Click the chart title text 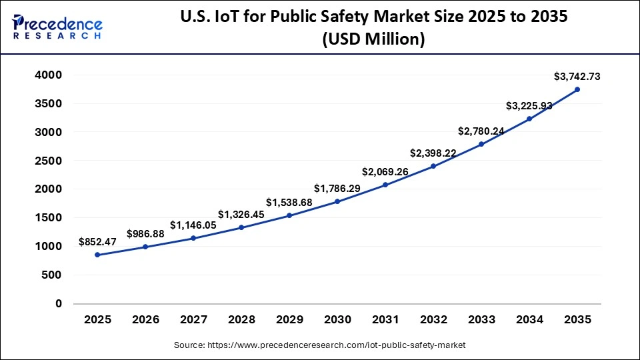[373, 28]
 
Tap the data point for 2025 [97, 255]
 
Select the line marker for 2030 [337, 201]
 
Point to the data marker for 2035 [577, 89]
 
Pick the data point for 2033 [481, 144]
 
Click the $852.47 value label [97, 242]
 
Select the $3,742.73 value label [577, 77]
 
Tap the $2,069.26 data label [385, 172]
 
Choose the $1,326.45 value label [241, 214]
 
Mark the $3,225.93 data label [529, 105]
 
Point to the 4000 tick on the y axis [49, 75]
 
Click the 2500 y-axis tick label [49, 161]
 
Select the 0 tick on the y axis [59, 303]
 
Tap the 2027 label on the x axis [193, 319]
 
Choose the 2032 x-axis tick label [433, 319]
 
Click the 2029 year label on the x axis [289, 319]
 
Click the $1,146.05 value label [193, 225]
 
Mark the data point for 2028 [241, 227]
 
